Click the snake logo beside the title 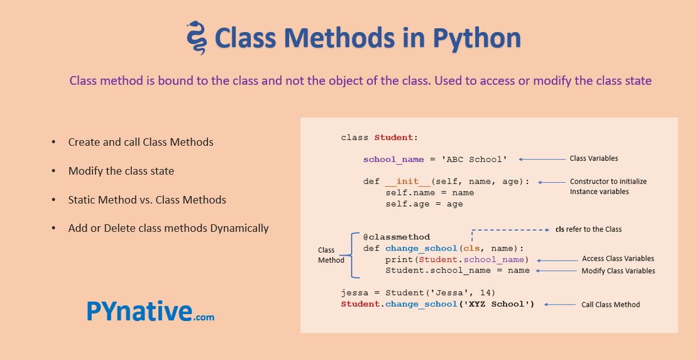click(x=197, y=38)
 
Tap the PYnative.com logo click(x=150, y=311)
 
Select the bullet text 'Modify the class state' click(x=121, y=171)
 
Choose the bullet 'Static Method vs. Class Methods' click(x=147, y=200)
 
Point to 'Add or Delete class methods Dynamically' click(x=168, y=229)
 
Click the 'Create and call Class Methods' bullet click(x=141, y=142)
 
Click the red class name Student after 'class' click(x=394, y=138)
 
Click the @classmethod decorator click(x=397, y=237)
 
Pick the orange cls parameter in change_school click(x=471, y=248)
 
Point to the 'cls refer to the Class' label click(x=588, y=229)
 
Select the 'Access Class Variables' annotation click(x=618, y=259)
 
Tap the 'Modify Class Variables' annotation click(x=618, y=271)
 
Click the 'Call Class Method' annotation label click(x=611, y=305)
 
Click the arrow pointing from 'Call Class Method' click(x=559, y=305)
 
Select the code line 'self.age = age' click(x=424, y=204)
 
